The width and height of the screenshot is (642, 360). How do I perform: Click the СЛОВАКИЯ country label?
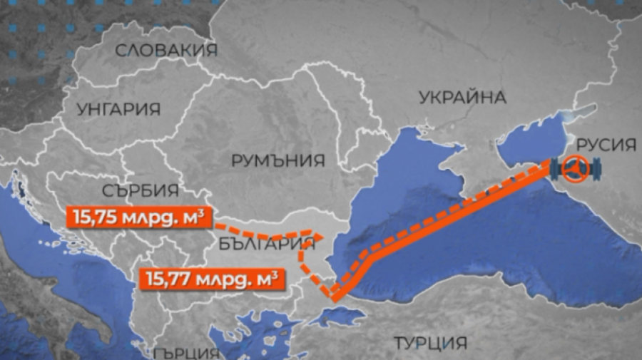tap(165, 50)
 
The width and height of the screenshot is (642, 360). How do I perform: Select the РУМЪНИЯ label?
tap(278, 160)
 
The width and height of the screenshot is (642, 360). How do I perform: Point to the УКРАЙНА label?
tap(462, 97)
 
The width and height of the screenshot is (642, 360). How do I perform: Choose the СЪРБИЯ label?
tap(140, 190)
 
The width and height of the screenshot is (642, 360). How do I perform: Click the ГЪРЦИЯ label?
tap(185, 352)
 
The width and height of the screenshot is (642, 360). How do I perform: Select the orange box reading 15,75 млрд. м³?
tap(138, 215)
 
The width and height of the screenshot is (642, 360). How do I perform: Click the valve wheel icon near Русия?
tap(577, 170)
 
